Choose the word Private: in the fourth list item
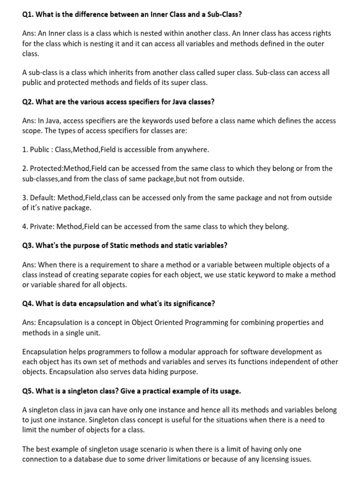pos(43,227)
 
